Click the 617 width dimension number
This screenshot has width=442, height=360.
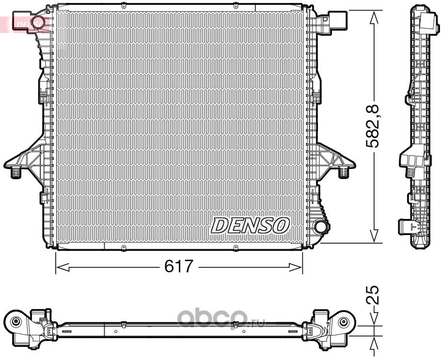(x=179, y=266)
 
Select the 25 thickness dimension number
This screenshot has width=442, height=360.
(x=372, y=295)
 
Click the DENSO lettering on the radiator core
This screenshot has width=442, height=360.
(x=250, y=225)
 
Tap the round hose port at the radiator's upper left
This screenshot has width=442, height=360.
(x=37, y=22)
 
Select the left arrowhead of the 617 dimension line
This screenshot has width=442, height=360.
(x=63, y=266)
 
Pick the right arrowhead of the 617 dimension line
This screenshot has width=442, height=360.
(x=296, y=267)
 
